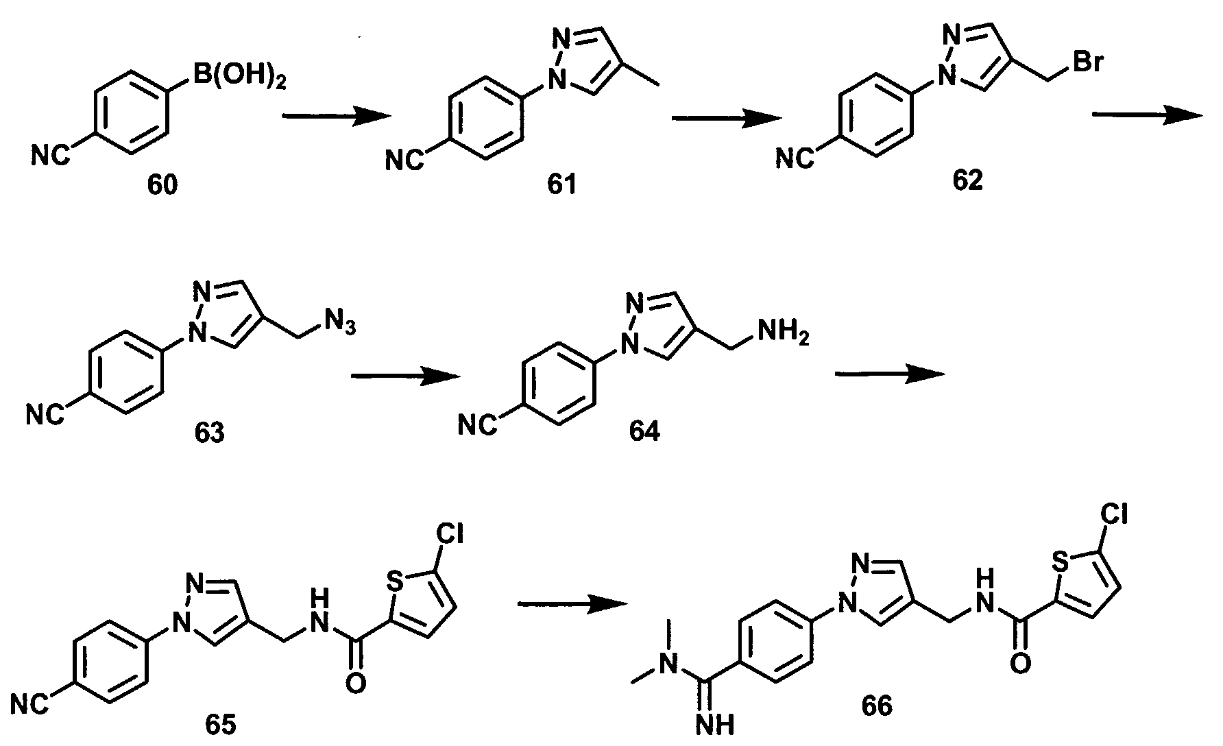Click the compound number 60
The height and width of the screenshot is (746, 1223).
(x=162, y=184)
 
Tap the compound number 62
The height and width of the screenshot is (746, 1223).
(x=967, y=181)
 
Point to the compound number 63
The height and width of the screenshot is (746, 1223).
(x=210, y=433)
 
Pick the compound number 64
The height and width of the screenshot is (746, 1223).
(x=644, y=432)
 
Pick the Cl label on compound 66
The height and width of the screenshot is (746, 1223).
(x=1115, y=514)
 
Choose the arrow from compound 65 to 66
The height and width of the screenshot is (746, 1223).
(x=572, y=603)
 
